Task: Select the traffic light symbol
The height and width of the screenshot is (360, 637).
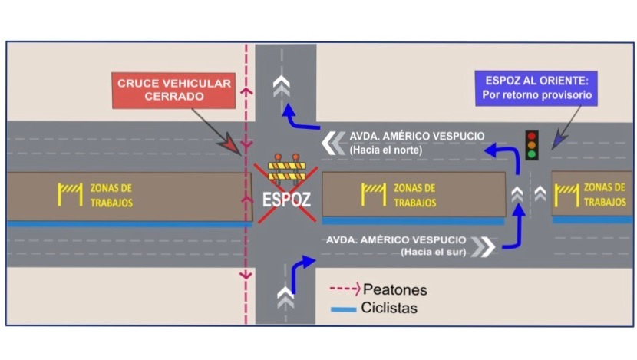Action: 531,144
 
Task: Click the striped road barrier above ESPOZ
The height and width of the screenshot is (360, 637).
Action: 286,168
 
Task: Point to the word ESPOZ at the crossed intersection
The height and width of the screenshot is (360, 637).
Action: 286,199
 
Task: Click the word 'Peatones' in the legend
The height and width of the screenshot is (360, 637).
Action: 394,290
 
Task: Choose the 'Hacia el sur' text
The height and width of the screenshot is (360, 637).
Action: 433,252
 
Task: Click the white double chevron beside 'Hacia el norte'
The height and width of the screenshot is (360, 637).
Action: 334,142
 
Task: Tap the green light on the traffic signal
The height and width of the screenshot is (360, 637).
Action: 531,154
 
